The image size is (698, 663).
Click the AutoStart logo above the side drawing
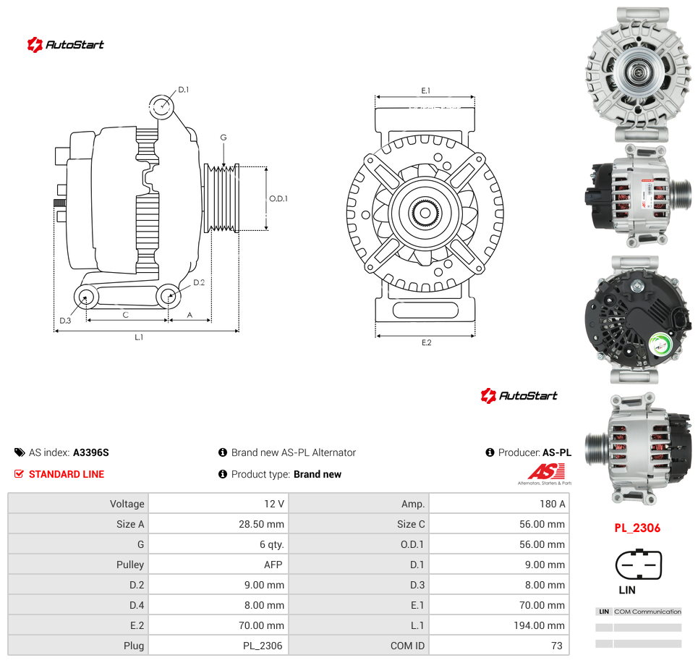click(x=65, y=45)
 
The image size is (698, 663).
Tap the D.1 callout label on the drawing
click(x=184, y=90)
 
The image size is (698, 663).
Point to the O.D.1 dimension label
click(x=278, y=198)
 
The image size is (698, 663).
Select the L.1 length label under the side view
click(x=139, y=337)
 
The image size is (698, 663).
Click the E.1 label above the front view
click(x=426, y=90)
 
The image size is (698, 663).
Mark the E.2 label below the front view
click(x=427, y=342)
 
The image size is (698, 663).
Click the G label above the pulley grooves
click(x=224, y=138)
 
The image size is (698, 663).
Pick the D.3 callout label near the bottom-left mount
click(x=65, y=321)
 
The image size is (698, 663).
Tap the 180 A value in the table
click(x=552, y=504)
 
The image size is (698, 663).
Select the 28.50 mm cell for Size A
click(x=261, y=524)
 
